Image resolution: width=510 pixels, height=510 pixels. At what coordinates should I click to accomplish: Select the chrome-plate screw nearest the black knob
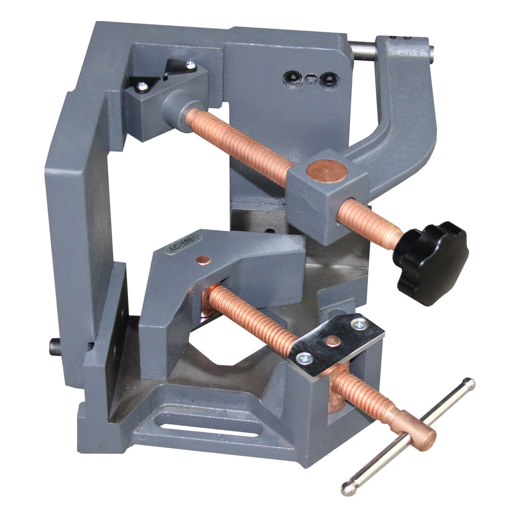click(x=361, y=323)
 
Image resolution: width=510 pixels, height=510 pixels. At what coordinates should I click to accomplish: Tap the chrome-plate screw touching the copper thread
click(x=305, y=358)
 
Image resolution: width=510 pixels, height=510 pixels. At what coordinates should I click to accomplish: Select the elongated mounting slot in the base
click(x=204, y=425)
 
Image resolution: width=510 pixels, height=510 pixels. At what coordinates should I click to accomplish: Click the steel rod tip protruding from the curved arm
click(x=429, y=50)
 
